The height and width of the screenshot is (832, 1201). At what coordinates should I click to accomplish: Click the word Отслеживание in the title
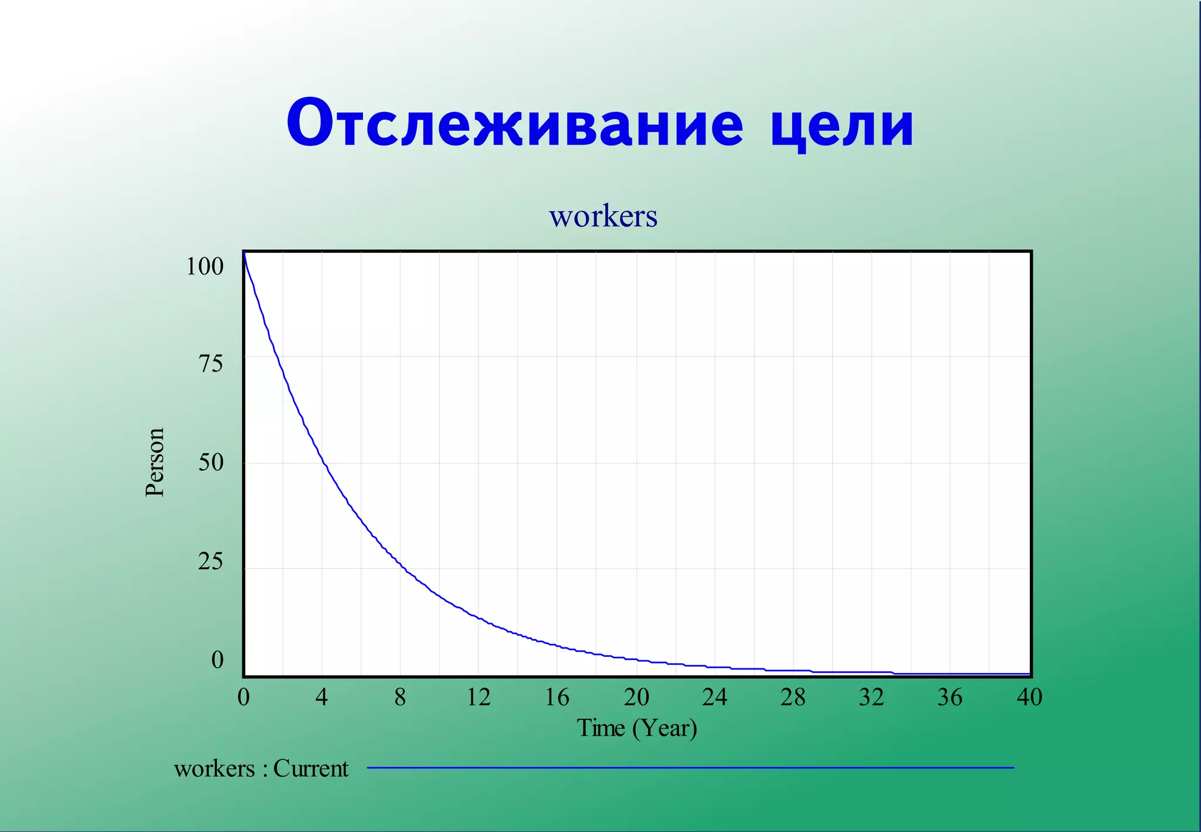(515, 124)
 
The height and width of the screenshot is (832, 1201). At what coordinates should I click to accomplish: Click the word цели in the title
(842, 124)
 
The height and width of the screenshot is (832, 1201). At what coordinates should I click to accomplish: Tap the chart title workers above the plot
(603, 216)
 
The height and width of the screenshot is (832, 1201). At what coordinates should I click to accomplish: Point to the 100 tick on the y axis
(205, 266)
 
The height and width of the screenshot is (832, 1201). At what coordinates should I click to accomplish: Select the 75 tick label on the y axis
(211, 364)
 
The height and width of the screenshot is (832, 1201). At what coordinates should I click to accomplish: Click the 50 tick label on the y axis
(211, 463)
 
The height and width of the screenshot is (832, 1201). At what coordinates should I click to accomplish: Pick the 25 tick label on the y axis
(211, 562)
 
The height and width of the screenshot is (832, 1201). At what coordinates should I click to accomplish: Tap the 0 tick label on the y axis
(218, 660)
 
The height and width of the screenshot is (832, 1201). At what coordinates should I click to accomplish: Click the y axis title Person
(155, 463)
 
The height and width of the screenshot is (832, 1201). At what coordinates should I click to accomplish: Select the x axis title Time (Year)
(637, 728)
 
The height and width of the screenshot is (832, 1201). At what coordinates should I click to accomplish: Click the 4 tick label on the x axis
(321, 697)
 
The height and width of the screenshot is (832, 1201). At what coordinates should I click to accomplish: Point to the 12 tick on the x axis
(479, 697)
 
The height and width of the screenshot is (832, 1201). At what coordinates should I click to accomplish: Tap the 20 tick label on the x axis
(636, 697)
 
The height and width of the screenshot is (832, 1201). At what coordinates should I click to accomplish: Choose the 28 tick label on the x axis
(793, 697)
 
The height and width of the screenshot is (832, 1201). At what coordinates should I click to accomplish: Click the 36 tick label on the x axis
(950, 697)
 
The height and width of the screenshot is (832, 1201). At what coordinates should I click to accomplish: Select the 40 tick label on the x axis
(1029, 697)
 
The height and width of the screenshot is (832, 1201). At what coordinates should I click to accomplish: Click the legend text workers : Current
(261, 769)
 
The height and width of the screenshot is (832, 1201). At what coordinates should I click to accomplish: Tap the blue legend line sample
(690, 768)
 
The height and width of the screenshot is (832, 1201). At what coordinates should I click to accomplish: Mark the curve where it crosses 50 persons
(323, 463)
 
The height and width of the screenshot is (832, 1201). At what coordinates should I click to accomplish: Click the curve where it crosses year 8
(401, 564)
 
